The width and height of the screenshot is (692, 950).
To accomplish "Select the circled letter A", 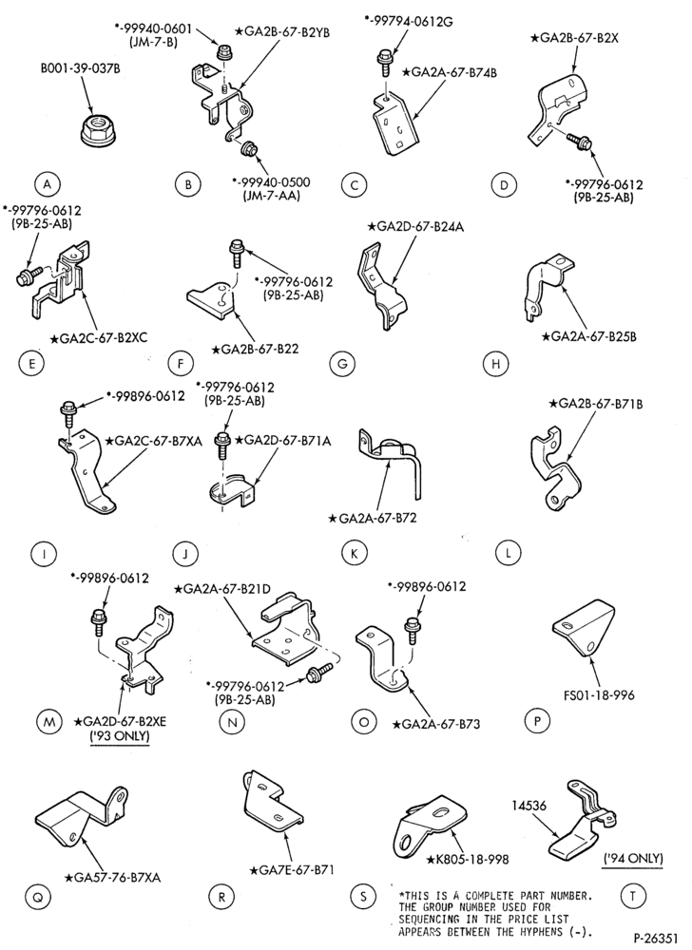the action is coord(47,183).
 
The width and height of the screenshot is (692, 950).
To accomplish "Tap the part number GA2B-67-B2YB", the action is coord(284,32).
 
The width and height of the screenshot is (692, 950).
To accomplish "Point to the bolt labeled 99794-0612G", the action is coord(385,62).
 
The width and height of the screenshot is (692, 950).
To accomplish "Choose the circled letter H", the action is coord(495,364).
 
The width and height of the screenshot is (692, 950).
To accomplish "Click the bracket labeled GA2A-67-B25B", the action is coord(544,288).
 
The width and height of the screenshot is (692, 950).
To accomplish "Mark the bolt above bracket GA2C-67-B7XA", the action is coord(67,419).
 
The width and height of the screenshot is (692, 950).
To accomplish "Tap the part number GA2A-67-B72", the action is coord(372,518).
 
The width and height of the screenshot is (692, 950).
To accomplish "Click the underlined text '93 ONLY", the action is coord(120,736).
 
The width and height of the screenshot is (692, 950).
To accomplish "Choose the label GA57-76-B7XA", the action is coord(113,877).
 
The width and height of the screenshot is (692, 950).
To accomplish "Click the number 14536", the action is coord(529,806).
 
